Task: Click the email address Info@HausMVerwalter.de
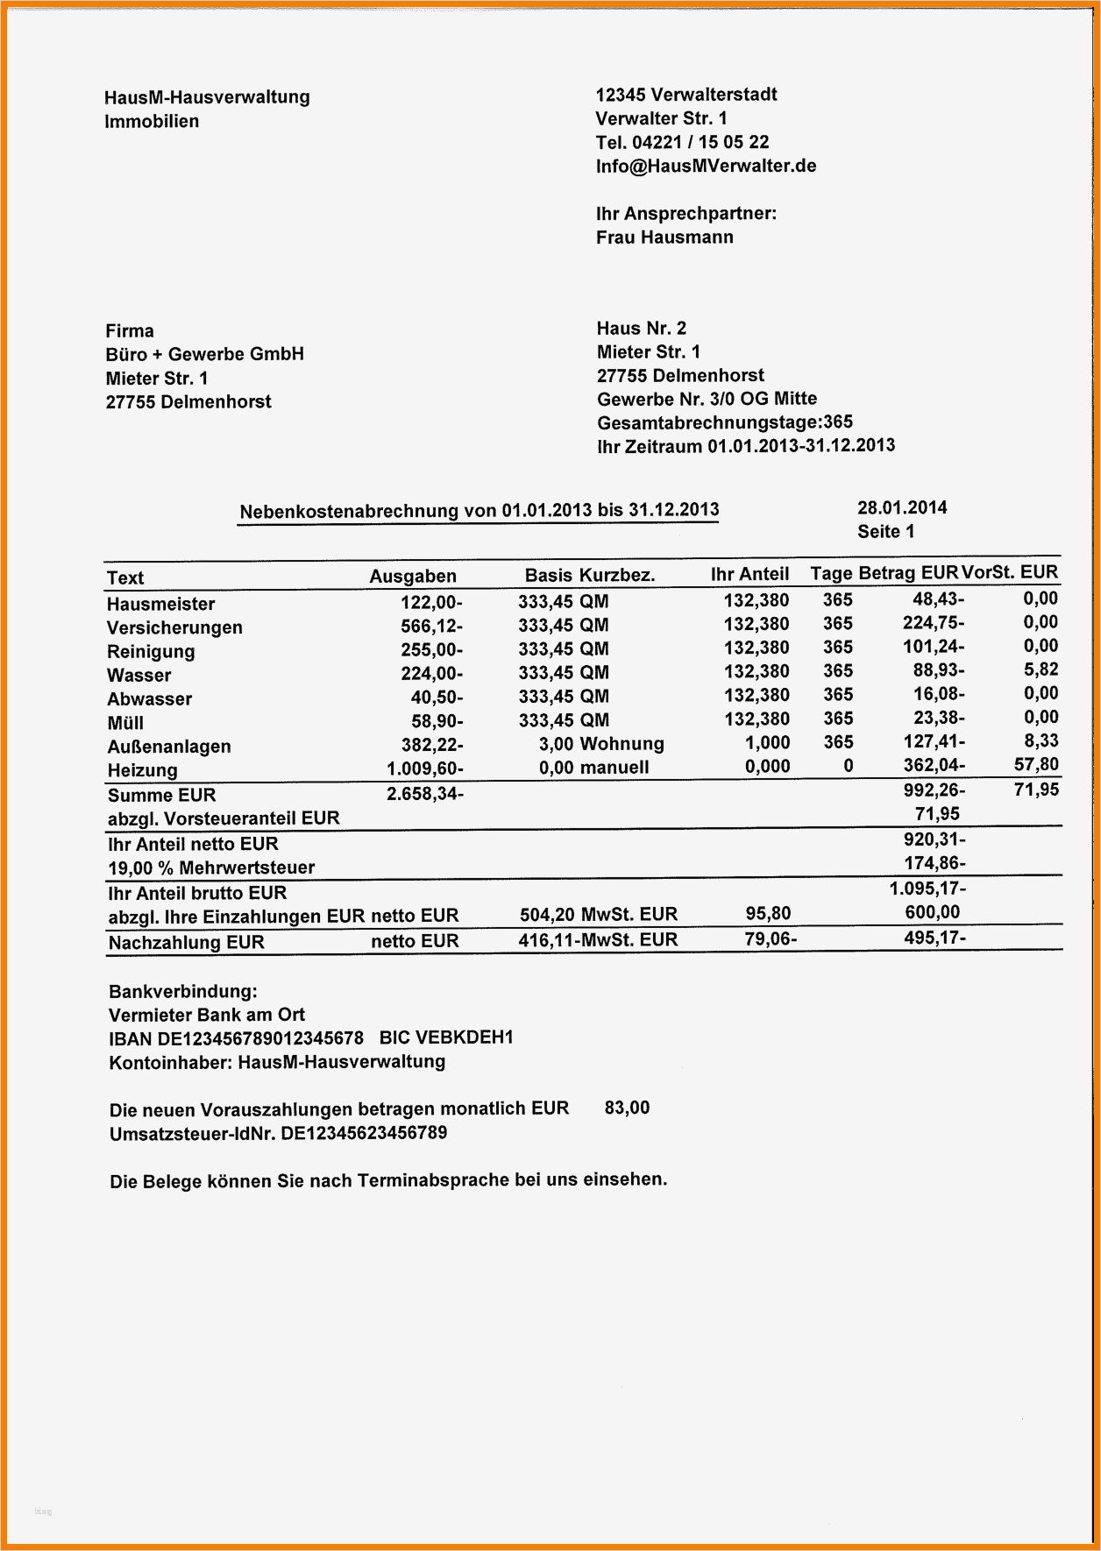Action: tap(706, 166)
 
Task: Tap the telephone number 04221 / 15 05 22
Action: tap(700, 142)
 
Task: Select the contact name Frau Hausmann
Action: tap(664, 237)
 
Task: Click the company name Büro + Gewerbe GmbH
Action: tap(204, 354)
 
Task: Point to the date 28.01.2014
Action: tap(902, 507)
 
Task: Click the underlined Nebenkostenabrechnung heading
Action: tap(479, 511)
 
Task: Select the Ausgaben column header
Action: tap(413, 577)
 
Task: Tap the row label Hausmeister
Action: tap(160, 604)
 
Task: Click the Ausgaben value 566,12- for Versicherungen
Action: tap(431, 626)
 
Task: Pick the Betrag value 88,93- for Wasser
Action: tap(938, 670)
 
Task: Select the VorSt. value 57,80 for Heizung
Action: tap(1036, 764)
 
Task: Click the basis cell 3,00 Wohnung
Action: tap(601, 744)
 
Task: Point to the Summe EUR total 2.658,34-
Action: tap(424, 794)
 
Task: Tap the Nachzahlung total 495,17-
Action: tap(934, 938)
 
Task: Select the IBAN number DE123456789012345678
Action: tap(259, 1038)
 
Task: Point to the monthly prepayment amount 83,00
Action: tap(627, 1108)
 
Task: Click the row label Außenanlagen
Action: tap(169, 747)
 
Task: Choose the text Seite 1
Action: tap(885, 531)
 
